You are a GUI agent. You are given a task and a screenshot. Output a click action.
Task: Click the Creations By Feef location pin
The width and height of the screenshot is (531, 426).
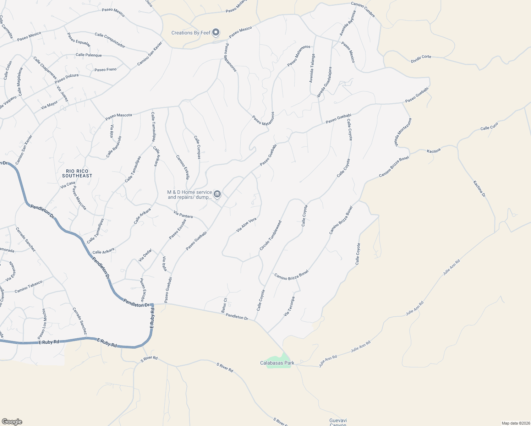click(x=216, y=33)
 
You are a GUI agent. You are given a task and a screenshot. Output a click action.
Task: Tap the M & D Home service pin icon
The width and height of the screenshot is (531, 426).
click(x=217, y=194)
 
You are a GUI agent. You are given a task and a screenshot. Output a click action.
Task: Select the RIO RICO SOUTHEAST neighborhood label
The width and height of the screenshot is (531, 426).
click(x=77, y=173)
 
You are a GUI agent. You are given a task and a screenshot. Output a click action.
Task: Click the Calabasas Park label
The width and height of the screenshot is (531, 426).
click(x=277, y=363)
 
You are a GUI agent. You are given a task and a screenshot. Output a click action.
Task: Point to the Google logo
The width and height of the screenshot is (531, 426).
click(x=12, y=422)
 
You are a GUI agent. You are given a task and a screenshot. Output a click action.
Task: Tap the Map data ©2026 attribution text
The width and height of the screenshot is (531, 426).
click(x=515, y=423)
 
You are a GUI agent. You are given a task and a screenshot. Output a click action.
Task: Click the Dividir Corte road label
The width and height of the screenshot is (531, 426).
click(x=421, y=59)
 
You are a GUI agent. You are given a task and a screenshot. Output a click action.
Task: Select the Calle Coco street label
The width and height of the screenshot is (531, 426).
click(x=489, y=126)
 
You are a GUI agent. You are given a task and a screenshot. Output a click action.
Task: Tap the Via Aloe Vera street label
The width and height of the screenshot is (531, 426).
click(x=246, y=225)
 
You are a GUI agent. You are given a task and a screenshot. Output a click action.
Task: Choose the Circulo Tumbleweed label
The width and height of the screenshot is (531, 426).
click(x=270, y=235)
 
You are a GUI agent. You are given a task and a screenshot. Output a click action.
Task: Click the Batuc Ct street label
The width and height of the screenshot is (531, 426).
click(x=224, y=305)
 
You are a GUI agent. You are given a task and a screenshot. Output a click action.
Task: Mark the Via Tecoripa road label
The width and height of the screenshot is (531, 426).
click(x=289, y=306)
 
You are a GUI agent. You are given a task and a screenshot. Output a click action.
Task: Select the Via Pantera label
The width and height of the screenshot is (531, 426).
click(x=183, y=214)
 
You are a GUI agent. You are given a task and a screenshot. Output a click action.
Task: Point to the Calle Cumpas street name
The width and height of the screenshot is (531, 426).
click(x=197, y=147)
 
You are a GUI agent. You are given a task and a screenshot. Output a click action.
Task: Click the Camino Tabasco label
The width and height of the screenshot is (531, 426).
click(x=28, y=286)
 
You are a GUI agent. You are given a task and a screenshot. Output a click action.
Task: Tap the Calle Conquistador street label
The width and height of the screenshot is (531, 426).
click(x=110, y=40)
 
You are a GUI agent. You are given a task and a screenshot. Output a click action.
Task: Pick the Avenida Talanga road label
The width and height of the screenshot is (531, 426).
click(x=312, y=68)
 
